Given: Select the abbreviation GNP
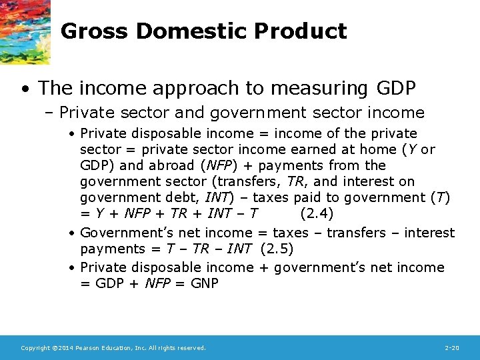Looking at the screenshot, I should pos(204,283).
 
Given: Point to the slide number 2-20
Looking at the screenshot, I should pos(451,348).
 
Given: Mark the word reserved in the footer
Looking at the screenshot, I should pos(191,348).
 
